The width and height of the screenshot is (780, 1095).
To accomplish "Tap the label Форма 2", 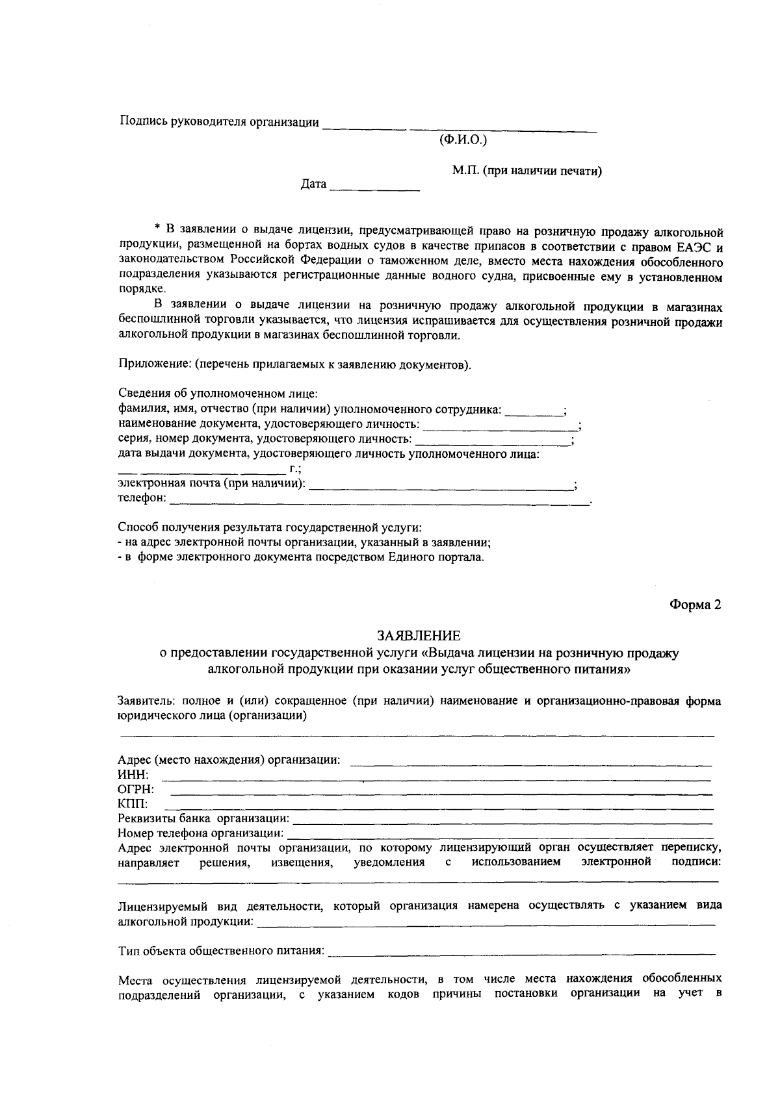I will click(695, 605).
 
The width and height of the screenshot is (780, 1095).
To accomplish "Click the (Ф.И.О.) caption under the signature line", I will click(463, 140).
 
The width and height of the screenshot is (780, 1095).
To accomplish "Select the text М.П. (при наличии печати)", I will click(526, 171).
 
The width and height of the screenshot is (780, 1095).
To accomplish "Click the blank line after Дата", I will click(375, 187).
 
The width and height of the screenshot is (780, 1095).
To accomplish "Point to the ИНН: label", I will click(133, 775).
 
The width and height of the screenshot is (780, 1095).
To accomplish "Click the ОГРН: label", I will click(136, 789).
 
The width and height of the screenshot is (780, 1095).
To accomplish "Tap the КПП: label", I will click(133, 804).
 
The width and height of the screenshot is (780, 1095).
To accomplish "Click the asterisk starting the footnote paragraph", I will click(157, 228).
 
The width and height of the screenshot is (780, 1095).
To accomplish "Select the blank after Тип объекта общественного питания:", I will click(521, 952).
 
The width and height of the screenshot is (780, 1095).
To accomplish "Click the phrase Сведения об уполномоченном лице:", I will click(218, 394).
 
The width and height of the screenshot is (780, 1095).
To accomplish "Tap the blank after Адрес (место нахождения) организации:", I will click(531, 761).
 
